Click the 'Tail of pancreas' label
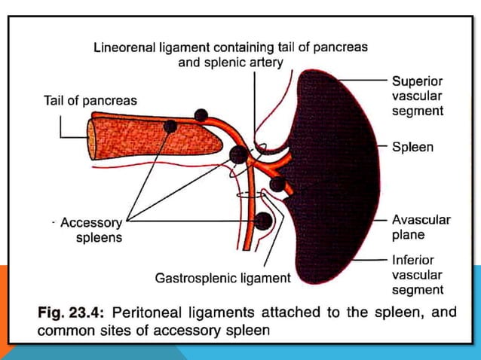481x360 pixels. pos(89,100)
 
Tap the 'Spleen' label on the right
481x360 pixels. pos(412,147)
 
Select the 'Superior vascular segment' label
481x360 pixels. pos(417,96)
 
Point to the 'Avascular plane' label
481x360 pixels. pos(421,227)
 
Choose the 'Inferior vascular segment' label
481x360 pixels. pos(417,275)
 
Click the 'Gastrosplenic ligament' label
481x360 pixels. pos(222,279)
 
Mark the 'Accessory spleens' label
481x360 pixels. pos(92,230)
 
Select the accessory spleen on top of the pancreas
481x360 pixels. pos(201,115)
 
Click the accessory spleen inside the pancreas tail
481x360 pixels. pos(172,126)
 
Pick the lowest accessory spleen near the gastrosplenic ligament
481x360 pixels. pos(263,221)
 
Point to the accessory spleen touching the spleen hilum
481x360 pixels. pos(277,184)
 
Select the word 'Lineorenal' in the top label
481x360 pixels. pos(127,47)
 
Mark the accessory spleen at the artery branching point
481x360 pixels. pos(238,155)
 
